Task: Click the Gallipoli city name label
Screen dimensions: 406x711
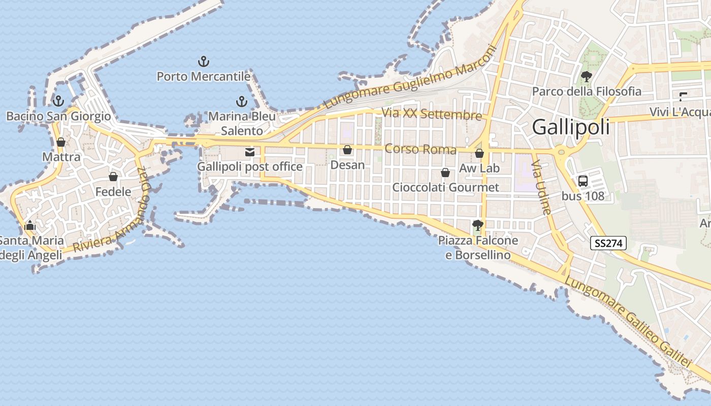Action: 571,127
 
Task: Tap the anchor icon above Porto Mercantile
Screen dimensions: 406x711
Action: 203,62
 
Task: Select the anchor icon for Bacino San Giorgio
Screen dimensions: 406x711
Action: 58,100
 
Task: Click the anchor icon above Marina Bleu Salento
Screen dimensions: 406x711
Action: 242,101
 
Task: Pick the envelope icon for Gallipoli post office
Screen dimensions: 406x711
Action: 249,152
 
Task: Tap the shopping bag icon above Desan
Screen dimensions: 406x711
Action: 347,150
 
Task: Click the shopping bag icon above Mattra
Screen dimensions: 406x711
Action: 61,142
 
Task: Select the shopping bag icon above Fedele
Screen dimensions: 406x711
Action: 113,177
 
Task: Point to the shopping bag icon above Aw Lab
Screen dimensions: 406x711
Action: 479,153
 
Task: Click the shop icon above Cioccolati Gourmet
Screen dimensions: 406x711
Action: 445,173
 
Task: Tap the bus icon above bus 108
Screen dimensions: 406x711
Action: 583,181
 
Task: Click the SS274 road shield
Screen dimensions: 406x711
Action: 608,243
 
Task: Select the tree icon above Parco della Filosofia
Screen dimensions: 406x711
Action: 587,77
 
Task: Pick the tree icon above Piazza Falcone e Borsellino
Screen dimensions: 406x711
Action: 477,225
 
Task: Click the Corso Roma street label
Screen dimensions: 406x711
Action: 421,149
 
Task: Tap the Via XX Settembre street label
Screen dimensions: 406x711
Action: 431,114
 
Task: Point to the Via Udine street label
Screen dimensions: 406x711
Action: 540,188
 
